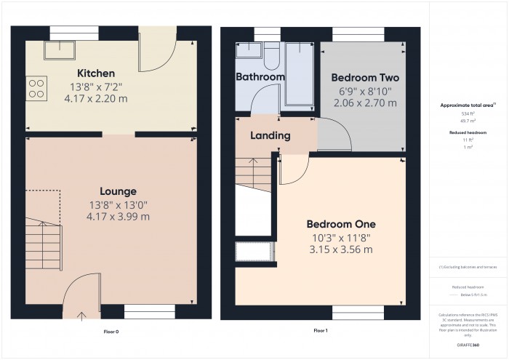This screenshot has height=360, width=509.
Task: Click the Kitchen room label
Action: pyautogui.click(x=97, y=73)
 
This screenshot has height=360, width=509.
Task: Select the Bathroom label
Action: pyautogui.click(x=260, y=76)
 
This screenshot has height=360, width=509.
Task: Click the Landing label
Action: pyautogui.click(x=270, y=135)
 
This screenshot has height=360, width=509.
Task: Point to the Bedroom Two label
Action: pyautogui.click(x=364, y=78)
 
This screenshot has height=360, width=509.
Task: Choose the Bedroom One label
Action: pyautogui.click(x=340, y=224)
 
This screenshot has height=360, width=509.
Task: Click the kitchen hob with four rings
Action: pyautogui.click(x=36, y=89)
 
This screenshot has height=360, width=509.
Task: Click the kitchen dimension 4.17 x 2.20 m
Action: pyautogui.click(x=97, y=98)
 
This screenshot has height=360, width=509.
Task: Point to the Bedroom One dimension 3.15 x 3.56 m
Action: pyautogui.click(x=340, y=250)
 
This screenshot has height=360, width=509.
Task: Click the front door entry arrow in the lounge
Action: pyautogui.click(x=81, y=315)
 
